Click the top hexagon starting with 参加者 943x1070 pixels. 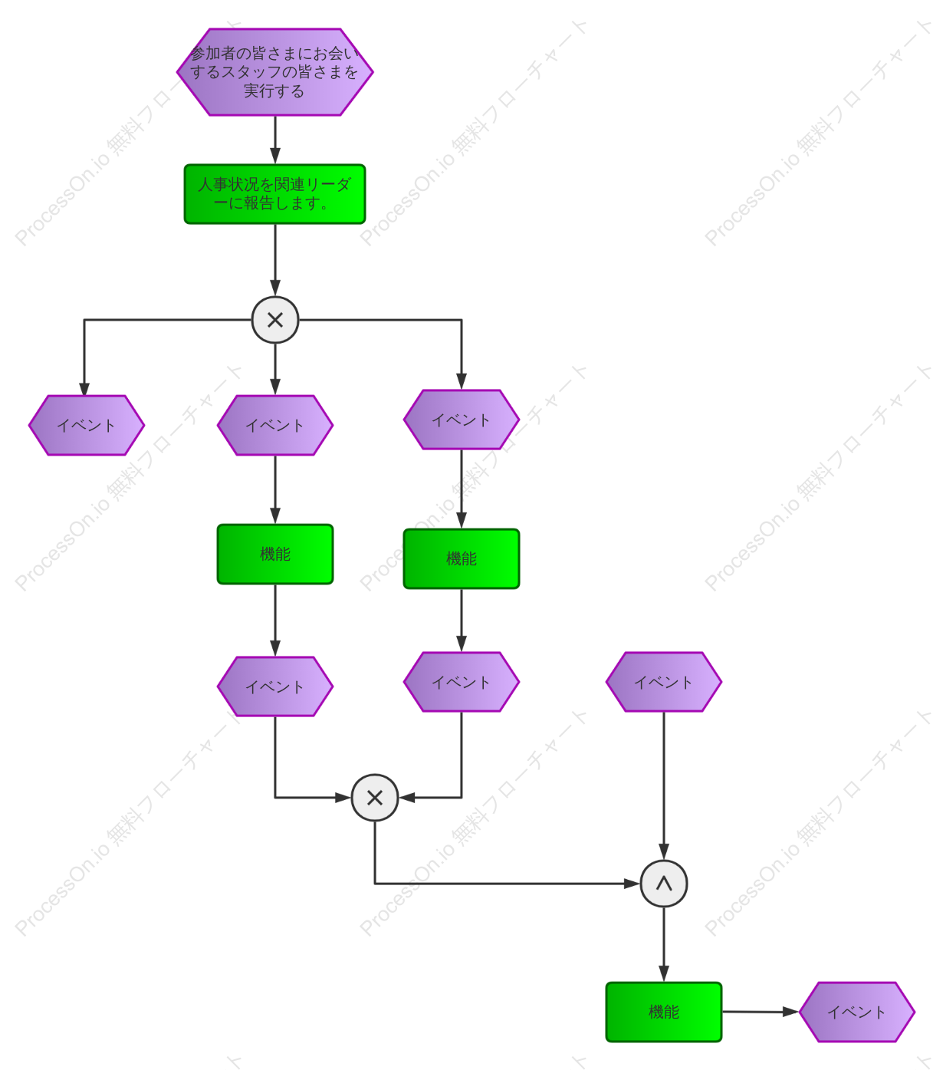pos(274,72)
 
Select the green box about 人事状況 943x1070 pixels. pos(274,194)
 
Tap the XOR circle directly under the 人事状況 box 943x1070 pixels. pos(275,320)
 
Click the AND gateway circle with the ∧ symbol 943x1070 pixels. pos(664,883)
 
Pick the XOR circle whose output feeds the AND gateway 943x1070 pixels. pos(375,798)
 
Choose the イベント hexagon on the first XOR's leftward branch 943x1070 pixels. pos(87,425)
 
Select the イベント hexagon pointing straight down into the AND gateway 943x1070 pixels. pos(664,682)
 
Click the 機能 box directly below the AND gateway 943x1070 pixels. pos(664,1012)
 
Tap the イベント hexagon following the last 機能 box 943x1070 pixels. pos(857,1012)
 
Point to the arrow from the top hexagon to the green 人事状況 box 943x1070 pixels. pos(275,140)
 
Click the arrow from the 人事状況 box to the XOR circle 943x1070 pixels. pos(275,260)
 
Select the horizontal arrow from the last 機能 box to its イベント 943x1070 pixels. pos(761,1012)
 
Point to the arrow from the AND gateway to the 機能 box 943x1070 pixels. pos(664,944)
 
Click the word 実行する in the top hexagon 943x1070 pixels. pos(274,91)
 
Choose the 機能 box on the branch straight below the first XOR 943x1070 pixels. pos(275,554)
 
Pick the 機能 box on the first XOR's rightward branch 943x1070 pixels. pos(462,558)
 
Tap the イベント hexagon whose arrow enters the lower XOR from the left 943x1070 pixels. pos(275,686)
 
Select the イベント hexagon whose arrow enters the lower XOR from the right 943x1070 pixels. pos(462,682)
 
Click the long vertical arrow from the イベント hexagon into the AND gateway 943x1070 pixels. pos(664,786)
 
